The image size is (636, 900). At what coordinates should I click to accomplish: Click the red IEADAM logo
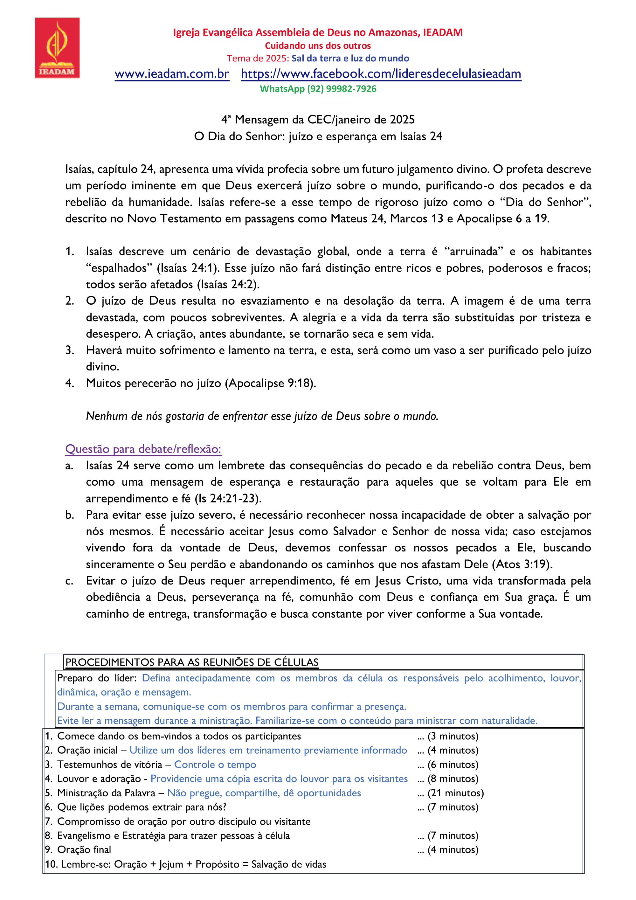pyautogui.click(x=57, y=47)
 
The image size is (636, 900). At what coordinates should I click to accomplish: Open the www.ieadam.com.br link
pyautogui.click(x=172, y=74)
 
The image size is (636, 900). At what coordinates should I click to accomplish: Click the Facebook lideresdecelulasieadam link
pyautogui.click(x=381, y=74)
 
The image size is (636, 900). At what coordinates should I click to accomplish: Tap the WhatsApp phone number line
pyautogui.click(x=318, y=89)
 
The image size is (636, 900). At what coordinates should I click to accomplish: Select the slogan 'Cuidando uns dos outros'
pyautogui.click(x=318, y=45)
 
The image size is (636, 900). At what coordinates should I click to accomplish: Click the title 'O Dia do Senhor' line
pyautogui.click(x=318, y=136)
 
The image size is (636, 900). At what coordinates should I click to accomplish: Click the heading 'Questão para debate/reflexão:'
pyautogui.click(x=143, y=449)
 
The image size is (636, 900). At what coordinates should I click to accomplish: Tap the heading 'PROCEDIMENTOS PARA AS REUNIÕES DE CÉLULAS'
pyautogui.click(x=192, y=662)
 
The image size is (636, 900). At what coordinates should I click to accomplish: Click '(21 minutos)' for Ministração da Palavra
pyautogui.click(x=455, y=793)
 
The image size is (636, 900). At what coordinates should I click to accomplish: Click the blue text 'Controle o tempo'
pyautogui.click(x=215, y=765)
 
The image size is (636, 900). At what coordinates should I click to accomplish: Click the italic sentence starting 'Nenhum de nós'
pyautogui.click(x=262, y=416)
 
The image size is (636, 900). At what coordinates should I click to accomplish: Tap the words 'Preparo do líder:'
pyautogui.click(x=97, y=678)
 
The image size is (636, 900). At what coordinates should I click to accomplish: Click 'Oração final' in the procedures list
pyautogui.click(x=84, y=849)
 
